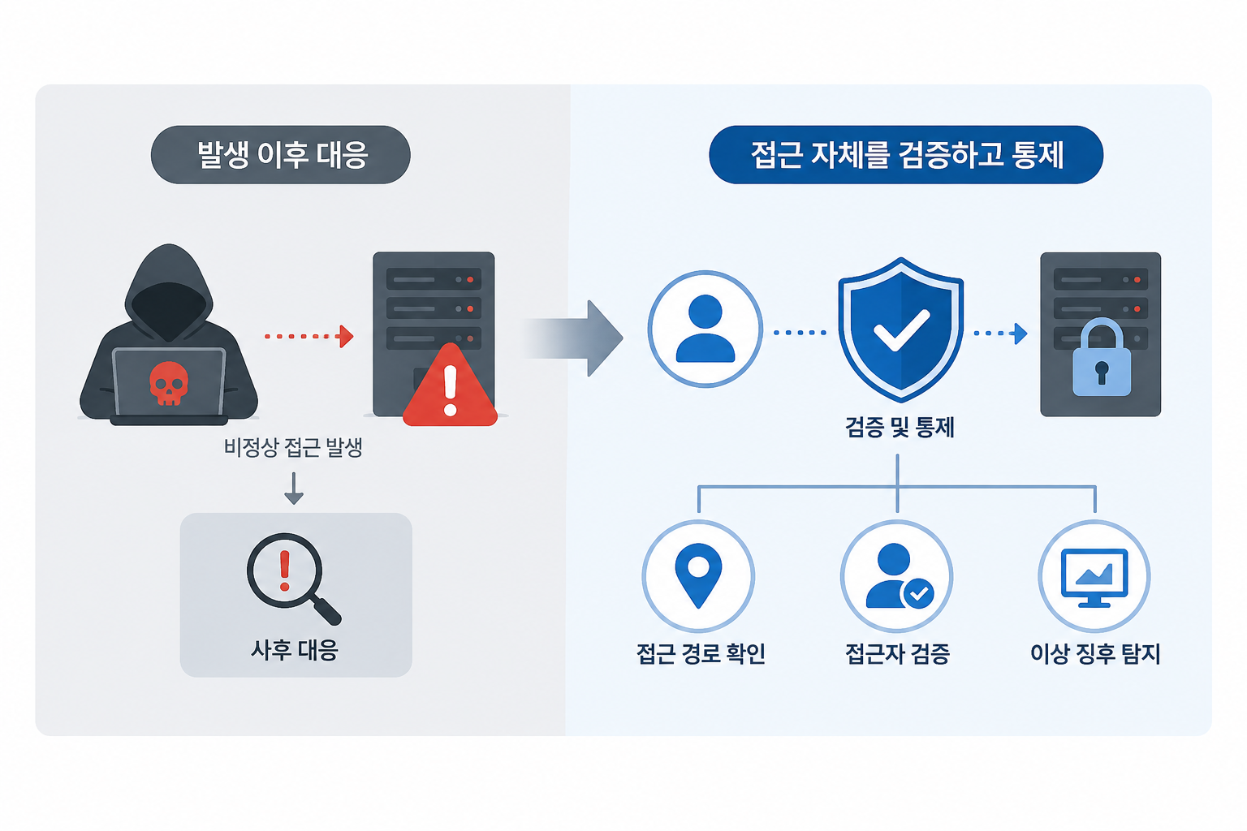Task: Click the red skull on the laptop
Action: pyautogui.click(x=169, y=383)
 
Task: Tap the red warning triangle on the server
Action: pyautogui.click(x=450, y=385)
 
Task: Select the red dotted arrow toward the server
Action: pyautogui.click(x=309, y=336)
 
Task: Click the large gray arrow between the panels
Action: pyautogui.click(x=573, y=338)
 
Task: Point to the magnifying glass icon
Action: pyautogui.click(x=293, y=579)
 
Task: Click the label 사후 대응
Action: pyautogui.click(x=295, y=649)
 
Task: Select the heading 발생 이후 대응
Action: pyautogui.click(x=283, y=155)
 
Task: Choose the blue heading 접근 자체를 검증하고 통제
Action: pyautogui.click(x=907, y=155)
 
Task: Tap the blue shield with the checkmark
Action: pyautogui.click(x=900, y=329)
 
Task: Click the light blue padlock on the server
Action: pyautogui.click(x=1102, y=357)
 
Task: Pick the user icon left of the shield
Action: pyautogui.click(x=705, y=329)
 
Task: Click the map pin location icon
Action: pyautogui.click(x=698, y=575)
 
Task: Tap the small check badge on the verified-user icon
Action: pyautogui.click(x=918, y=593)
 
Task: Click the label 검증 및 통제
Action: pyautogui.click(x=900, y=428)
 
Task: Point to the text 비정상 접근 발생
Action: pyautogui.click(x=293, y=447)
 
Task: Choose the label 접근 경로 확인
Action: pyautogui.click(x=701, y=653)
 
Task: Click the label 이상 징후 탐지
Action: pyautogui.click(x=1095, y=653)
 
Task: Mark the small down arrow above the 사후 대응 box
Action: pyautogui.click(x=294, y=489)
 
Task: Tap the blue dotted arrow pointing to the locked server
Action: pyautogui.click(x=1000, y=334)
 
